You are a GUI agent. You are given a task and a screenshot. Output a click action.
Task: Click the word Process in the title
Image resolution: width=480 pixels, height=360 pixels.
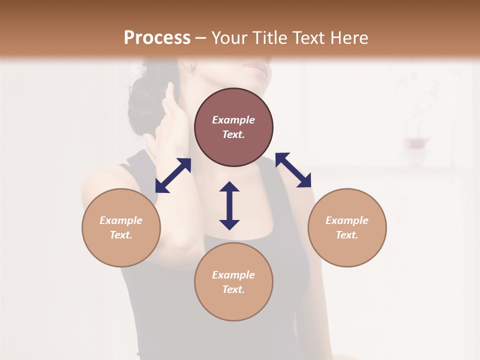point(157,38)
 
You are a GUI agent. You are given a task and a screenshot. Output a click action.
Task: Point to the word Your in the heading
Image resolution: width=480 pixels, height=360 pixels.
point(231,38)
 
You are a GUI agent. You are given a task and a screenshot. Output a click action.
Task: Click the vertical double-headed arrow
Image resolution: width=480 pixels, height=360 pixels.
point(229,205)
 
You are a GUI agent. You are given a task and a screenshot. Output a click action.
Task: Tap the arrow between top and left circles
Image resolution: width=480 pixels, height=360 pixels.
point(173,175)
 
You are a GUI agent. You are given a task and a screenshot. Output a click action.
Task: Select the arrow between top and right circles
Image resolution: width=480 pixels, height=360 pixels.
point(293,170)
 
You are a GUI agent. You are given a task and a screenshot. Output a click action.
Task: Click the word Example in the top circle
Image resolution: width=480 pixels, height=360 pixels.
point(233,120)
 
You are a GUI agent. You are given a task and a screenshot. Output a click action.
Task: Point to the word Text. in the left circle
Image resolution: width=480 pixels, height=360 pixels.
point(121,235)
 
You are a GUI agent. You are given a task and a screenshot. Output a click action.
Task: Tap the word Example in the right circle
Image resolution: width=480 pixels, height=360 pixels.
point(347,220)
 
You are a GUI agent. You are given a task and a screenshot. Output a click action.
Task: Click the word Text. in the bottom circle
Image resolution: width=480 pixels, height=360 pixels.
point(233,289)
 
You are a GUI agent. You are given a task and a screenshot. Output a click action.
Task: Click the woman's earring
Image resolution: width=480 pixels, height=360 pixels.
point(190,68)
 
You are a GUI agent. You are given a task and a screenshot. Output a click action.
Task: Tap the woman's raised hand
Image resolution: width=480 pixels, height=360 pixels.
point(167,120)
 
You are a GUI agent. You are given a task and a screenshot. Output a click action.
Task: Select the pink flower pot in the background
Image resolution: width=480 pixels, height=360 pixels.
point(416,143)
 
